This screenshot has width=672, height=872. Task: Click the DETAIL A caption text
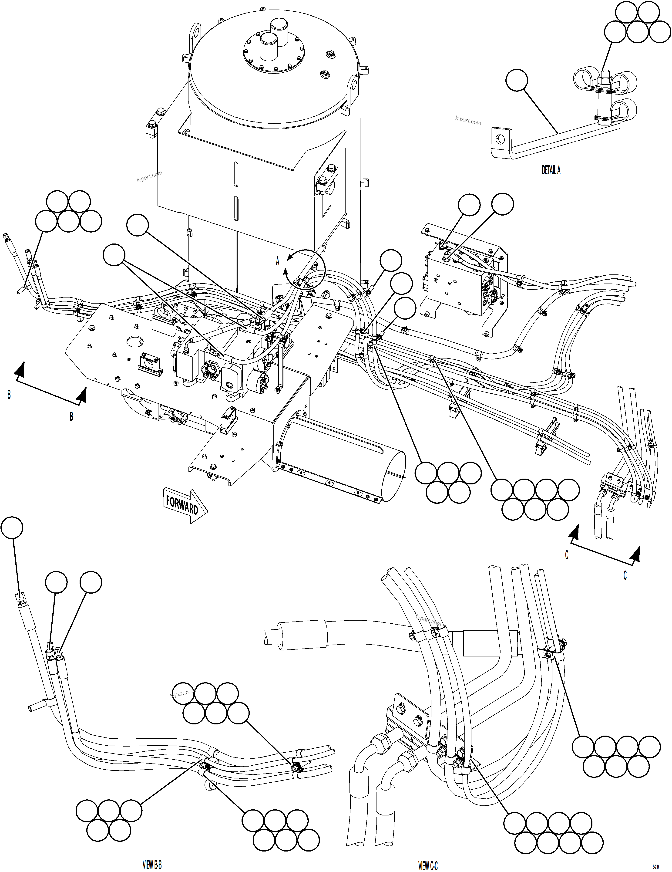[x=551, y=170]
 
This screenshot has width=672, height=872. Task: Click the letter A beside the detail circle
[x=278, y=261]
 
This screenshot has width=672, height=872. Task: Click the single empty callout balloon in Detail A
[x=516, y=80]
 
